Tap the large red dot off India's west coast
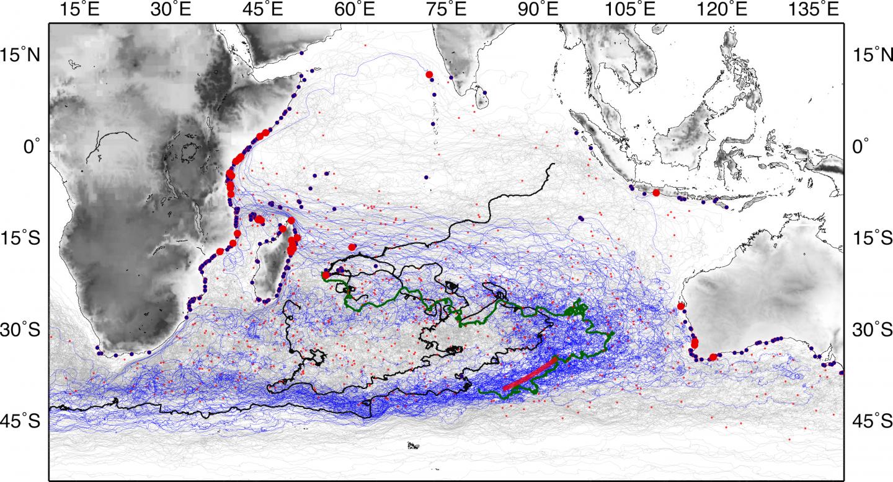point(429,75)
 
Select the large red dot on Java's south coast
point(656,193)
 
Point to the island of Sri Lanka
point(480,98)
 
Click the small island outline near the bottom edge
point(413,445)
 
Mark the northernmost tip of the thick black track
point(553,165)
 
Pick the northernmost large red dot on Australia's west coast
point(681,306)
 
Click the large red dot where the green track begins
point(326,275)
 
